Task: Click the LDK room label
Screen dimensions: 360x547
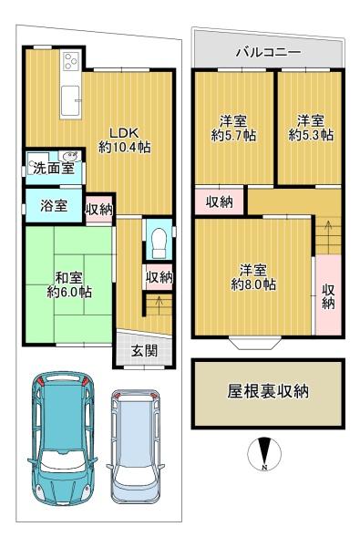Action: (125, 140)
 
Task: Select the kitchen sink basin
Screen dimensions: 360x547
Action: (71, 100)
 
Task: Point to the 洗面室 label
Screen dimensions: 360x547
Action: (54, 169)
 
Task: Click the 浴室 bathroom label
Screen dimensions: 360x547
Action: (54, 206)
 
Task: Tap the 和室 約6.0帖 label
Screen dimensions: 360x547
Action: (69, 285)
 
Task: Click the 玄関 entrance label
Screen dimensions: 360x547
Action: (144, 351)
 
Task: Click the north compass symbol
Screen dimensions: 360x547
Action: (264, 453)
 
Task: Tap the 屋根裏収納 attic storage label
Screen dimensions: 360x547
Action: (268, 392)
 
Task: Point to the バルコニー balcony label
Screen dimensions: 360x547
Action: (268, 53)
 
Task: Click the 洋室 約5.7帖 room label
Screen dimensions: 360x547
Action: (233, 129)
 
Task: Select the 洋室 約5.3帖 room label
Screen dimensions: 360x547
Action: (311, 129)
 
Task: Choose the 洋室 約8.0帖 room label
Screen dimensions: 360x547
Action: (253, 278)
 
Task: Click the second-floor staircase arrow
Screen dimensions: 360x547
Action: (328, 232)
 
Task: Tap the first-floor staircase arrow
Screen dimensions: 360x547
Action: (159, 305)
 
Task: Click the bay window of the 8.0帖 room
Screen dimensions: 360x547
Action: (255, 343)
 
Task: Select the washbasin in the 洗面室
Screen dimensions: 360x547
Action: (69, 154)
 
